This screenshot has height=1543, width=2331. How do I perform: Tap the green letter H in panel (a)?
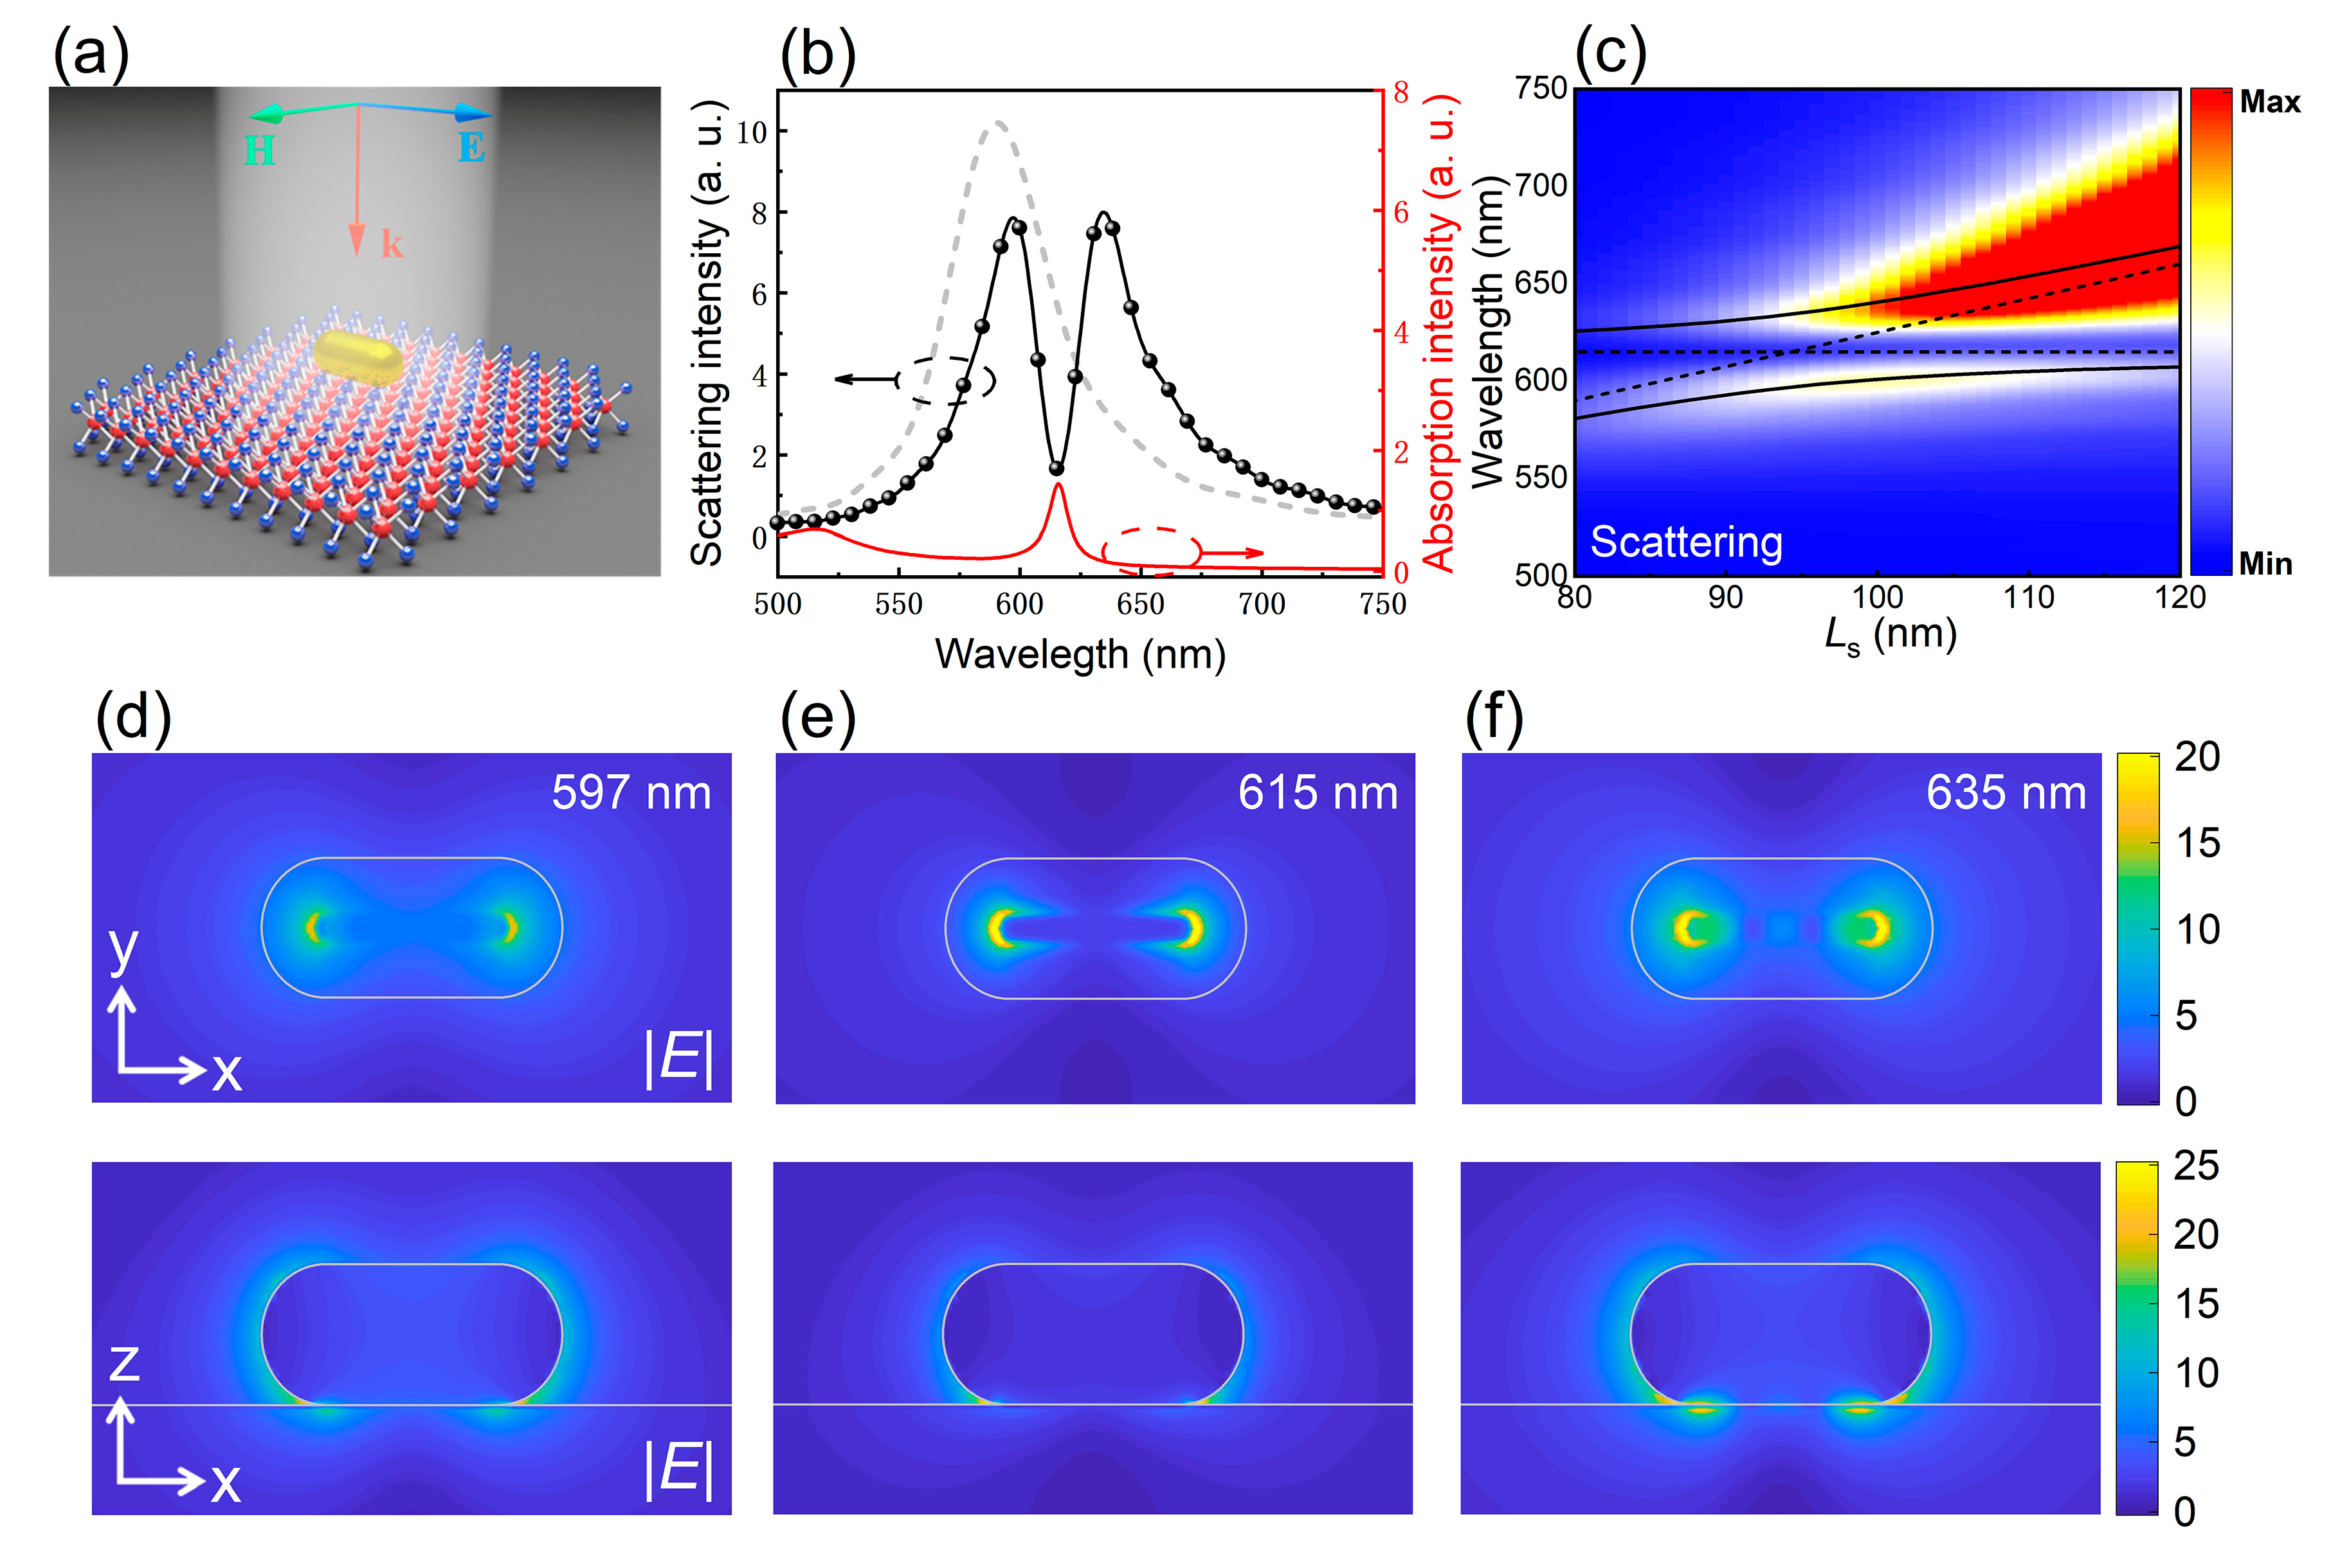coord(259,150)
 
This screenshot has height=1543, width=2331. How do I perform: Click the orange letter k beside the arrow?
coord(392,243)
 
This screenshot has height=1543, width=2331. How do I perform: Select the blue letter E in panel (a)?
coord(471,148)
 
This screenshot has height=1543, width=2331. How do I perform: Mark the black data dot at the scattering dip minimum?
coord(1057,468)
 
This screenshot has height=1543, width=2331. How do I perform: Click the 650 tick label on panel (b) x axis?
coord(1140,603)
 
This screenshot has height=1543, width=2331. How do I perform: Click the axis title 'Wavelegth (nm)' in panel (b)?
coord(1080,654)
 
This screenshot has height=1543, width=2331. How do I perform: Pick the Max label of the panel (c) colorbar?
coord(2269,102)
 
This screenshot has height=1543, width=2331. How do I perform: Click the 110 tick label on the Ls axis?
coord(2029,597)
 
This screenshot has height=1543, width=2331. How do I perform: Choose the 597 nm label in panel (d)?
coord(631,792)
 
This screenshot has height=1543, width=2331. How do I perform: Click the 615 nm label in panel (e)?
coord(1317,792)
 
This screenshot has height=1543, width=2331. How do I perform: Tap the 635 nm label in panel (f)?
coord(2005,792)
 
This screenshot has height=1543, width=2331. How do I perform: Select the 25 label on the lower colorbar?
coord(2195,1166)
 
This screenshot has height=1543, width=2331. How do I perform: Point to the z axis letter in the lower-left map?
coord(124,1363)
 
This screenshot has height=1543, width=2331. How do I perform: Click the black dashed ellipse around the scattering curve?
coord(946,380)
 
